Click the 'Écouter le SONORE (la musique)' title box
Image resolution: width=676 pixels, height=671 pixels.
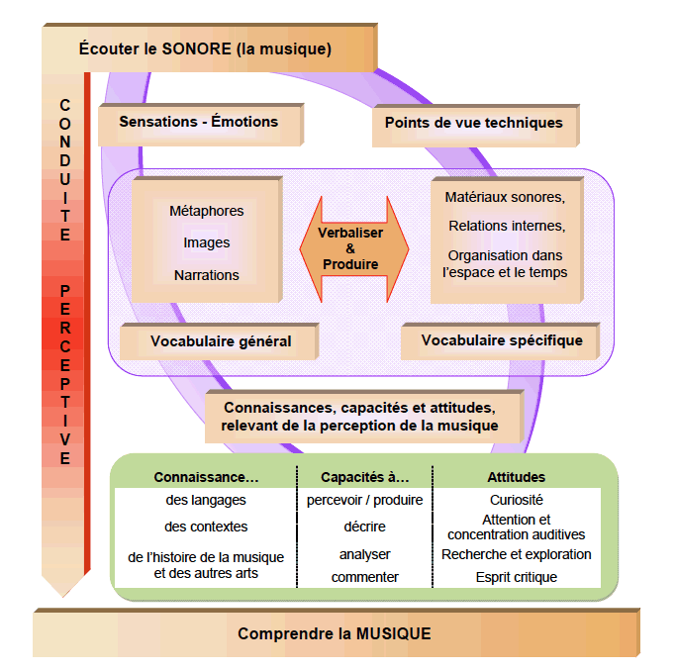205,48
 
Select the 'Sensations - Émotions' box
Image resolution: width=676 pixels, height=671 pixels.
199,123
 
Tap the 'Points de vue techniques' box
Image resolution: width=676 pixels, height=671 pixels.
474,124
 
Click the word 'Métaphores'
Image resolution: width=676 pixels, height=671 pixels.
206,211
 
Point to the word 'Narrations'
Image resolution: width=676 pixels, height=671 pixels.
206,275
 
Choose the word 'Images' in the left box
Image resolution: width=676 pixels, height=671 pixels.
206,242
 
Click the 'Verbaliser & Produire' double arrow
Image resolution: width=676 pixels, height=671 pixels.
349,248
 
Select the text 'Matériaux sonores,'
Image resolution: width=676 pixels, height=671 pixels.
505,198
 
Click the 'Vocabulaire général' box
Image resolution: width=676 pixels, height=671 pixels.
221,341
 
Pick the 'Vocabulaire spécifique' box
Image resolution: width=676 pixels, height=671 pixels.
502,340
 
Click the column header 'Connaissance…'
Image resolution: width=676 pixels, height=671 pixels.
206,477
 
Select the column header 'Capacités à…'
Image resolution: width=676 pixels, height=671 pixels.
364,477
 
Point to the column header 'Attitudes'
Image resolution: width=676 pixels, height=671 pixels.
516,477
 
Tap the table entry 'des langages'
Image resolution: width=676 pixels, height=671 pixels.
206,501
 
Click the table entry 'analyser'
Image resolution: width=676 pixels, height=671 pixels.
364,554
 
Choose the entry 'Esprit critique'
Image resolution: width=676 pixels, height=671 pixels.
516,577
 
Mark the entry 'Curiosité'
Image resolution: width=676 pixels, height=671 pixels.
516,501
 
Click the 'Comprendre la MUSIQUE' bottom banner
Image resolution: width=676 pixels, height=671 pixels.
335,634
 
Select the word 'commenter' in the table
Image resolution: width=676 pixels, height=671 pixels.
364,577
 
